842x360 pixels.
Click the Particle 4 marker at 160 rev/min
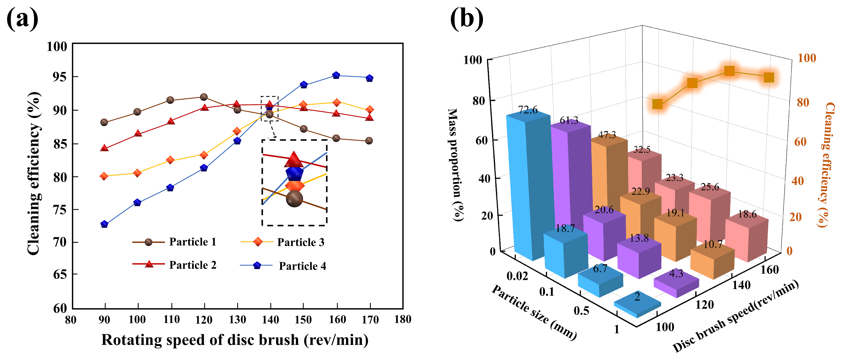point(336,75)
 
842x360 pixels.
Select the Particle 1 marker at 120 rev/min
point(204,97)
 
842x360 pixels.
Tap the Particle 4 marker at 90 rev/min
point(104,224)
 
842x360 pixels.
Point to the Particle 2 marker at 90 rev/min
point(104,148)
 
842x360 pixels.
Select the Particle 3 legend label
point(301,242)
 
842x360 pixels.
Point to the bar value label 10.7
point(713,244)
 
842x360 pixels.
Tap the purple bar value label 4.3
point(676,273)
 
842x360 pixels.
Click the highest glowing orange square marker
point(729,71)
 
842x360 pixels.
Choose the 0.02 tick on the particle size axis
point(517,276)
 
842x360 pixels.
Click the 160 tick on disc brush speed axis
point(770,270)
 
